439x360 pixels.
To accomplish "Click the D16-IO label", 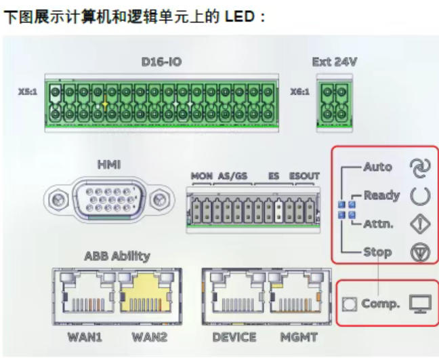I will (x=161, y=62).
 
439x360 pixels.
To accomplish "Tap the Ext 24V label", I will (x=334, y=62).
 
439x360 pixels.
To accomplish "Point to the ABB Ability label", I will (x=117, y=256).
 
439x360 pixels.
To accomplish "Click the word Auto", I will (x=377, y=166).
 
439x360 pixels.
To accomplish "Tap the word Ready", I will (x=381, y=195).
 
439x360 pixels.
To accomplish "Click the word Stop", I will (x=377, y=252).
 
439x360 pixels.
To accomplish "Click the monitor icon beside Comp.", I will (x=420, y=304).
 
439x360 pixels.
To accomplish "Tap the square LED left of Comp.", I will (x=350, y=304).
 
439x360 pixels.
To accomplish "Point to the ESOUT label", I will (x=304, y=176).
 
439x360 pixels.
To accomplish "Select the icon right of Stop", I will (x=420, y=252).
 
